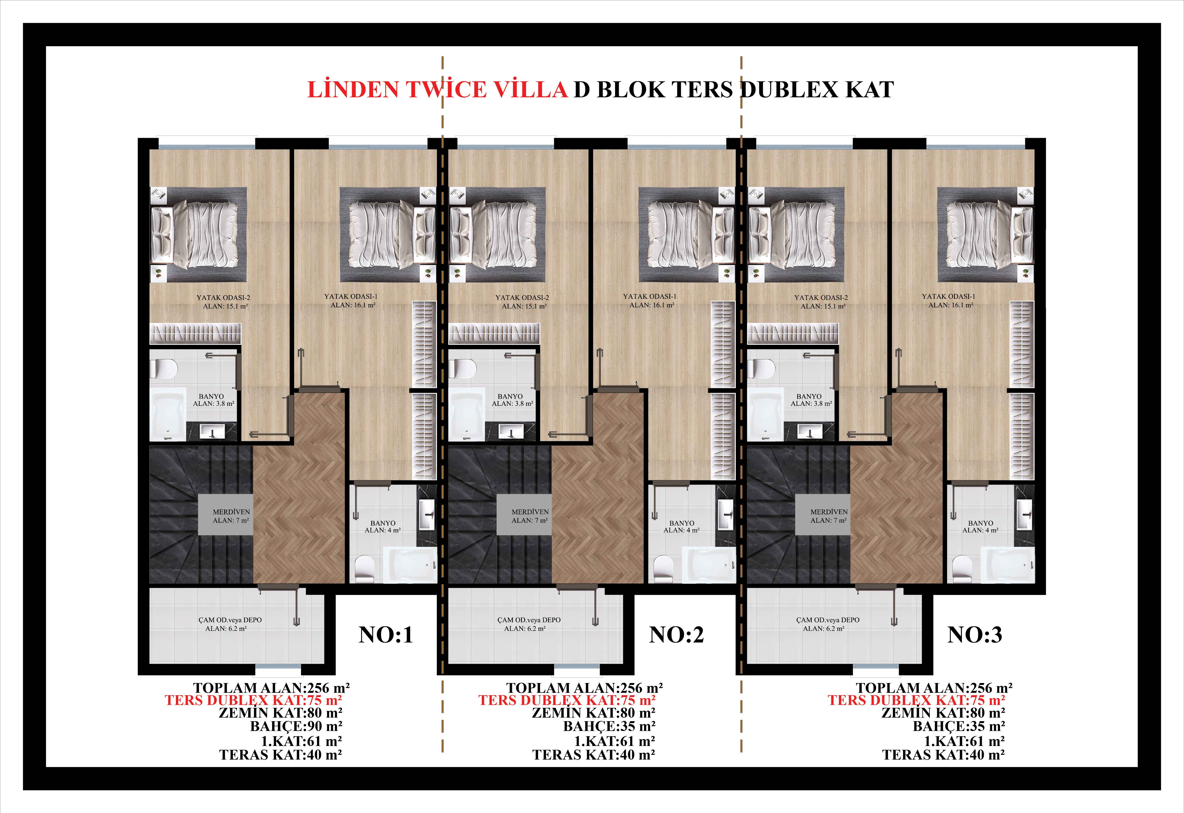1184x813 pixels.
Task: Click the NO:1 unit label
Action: pyautogui.click(x=386, y=635)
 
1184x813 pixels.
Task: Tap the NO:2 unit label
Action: pyautogui.click(x=676, y=635)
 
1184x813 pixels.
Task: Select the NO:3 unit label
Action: pyautogui.click(x=974, y=635)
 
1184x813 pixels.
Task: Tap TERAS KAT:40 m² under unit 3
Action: pyautogui.click(x=943, y=755)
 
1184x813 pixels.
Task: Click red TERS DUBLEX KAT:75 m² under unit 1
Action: pyautogui.click(x=253, y=700)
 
